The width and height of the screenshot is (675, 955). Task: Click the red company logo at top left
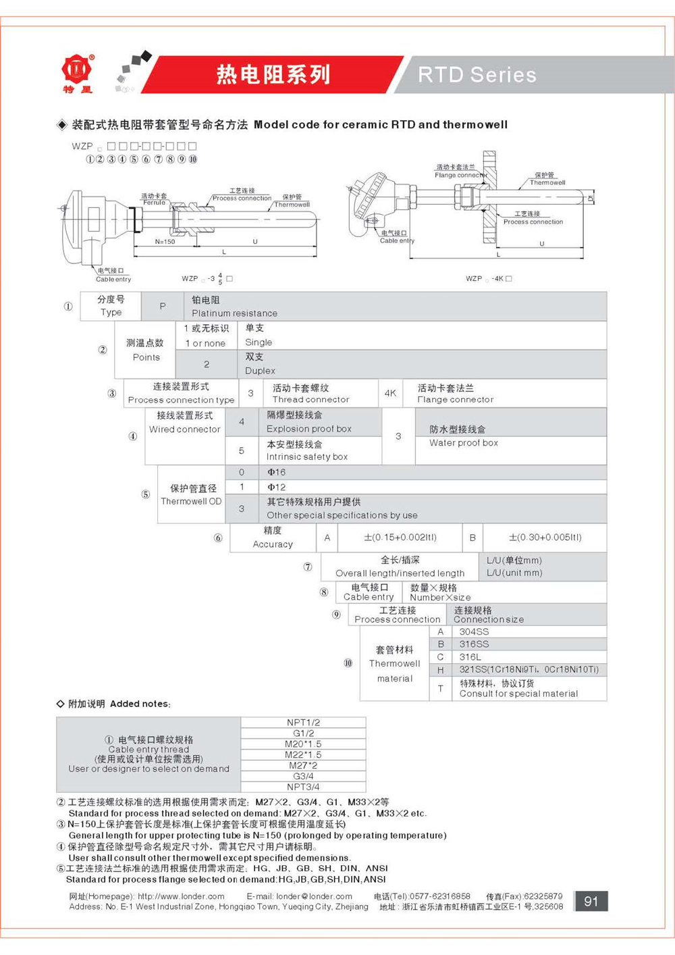(x=78, y=70)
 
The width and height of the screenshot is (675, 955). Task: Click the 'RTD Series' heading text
(x=477, y=74)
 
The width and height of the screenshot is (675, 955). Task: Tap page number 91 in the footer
(x=591, y=901)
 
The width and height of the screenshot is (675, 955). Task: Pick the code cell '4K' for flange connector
(x=390, y=393)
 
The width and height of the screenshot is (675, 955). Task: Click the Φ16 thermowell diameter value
(x=277, y=472)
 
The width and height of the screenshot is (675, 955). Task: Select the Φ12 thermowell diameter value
(x=277, y=487)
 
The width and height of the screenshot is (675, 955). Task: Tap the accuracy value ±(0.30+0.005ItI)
(x=545, y=538)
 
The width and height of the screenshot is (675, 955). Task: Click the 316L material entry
(x=470, y=656)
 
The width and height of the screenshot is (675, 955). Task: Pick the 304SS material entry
(x=474, y=631)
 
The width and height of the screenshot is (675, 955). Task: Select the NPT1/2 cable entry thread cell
(x=303, y=723)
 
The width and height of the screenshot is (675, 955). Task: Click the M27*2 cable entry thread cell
(x=303, y=765)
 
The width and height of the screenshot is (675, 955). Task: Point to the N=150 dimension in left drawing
(x=165, y=242)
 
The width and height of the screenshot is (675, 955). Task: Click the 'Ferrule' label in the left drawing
(x=154, y=203)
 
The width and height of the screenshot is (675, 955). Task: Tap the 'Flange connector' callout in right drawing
(x=460, y=175)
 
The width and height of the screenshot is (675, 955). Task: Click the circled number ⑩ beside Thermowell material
(x=348, y=663)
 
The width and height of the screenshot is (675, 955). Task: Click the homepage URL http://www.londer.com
(x=181, y=896)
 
